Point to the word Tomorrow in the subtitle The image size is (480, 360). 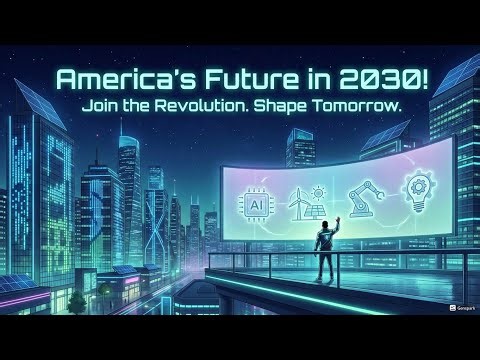tap(363, 105)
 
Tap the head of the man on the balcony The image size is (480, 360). tap(324, 226)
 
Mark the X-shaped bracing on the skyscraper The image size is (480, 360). tap(154, 215)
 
